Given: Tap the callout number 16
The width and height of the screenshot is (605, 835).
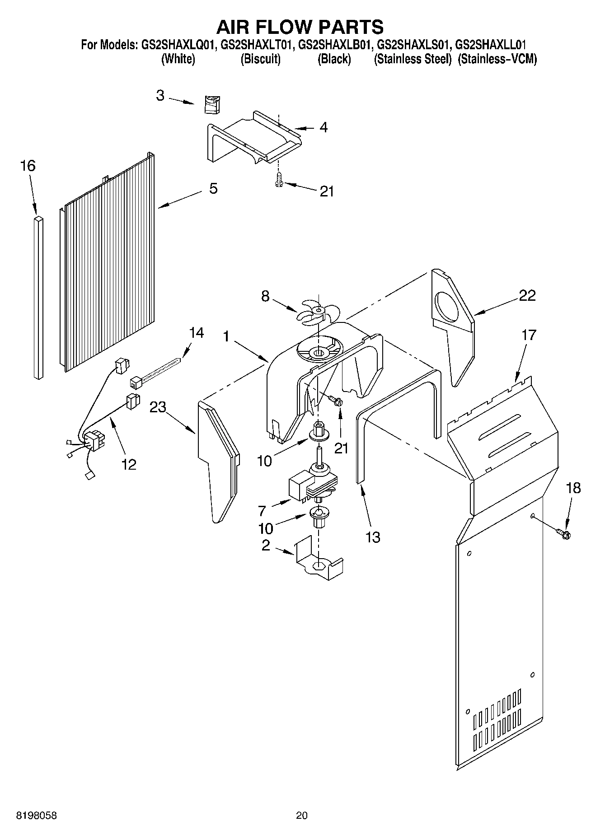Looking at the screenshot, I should (28, 166).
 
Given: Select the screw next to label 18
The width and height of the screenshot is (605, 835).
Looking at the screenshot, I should (563, 534).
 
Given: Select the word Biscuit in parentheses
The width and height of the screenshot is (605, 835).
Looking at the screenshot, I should (260, 59).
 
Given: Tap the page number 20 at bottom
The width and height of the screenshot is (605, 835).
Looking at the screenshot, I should (302, 815).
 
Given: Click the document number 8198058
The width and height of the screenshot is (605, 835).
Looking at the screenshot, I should (37, 815).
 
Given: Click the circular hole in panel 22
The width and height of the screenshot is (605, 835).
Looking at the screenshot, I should (448, 307).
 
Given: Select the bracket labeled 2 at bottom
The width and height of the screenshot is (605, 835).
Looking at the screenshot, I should (319, 560).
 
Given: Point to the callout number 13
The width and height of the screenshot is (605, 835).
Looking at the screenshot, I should (373, 537).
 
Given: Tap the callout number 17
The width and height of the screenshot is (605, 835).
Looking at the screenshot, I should (529, 335).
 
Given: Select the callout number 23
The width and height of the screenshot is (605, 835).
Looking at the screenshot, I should (158, 407).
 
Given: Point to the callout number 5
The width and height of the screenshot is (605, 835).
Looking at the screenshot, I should (213, 188).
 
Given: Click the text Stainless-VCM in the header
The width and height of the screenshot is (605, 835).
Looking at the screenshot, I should (497, 59).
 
